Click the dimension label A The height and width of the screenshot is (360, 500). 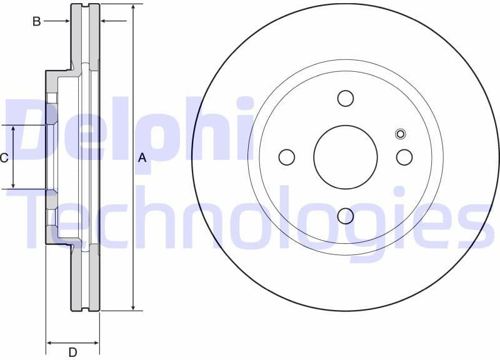tap(142, 158)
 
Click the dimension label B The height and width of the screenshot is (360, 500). tap(37, 21)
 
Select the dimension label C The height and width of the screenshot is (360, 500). tap(4, 157)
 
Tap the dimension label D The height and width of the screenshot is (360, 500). tap(72, 352)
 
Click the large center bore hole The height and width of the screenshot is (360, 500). tap(346, 157)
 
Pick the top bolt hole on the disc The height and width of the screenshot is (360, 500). tap(346, 98)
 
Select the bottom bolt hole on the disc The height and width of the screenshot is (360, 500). tap(346, 216)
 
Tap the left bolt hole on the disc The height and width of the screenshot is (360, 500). tap(287, 157)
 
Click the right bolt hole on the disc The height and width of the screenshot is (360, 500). tap(404, 157)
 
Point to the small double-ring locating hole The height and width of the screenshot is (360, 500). tap(401, 133)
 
